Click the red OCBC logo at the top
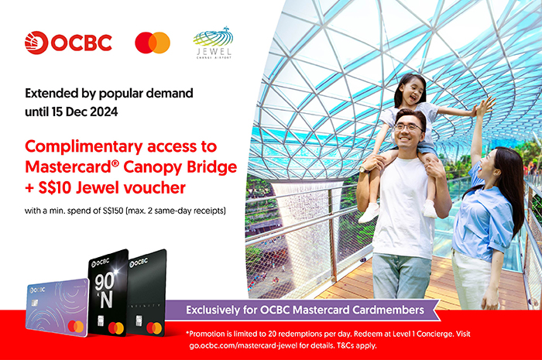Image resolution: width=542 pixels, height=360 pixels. (68, 43)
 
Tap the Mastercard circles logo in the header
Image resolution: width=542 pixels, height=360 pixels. (153, 43)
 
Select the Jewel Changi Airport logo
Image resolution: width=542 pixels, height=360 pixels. (213, 43)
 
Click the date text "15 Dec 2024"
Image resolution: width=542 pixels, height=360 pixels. (84, 112)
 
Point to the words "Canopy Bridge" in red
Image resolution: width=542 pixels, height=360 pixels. (180, 167)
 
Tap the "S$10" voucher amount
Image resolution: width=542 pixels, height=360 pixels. (55, 188)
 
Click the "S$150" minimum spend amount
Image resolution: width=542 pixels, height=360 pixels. (113, 211)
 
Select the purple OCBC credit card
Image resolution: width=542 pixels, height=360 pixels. (58, 307)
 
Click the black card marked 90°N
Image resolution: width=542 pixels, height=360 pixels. (108, 293)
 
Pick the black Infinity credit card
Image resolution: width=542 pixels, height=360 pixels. (146, 293)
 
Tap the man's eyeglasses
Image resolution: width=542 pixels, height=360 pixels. (409, 128)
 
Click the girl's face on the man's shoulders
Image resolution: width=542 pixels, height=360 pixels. (413, 93)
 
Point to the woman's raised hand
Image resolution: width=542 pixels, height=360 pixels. (487, 106)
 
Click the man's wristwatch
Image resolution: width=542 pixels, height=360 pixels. (363, 169)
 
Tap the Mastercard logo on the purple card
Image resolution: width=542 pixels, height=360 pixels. (76, 326)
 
